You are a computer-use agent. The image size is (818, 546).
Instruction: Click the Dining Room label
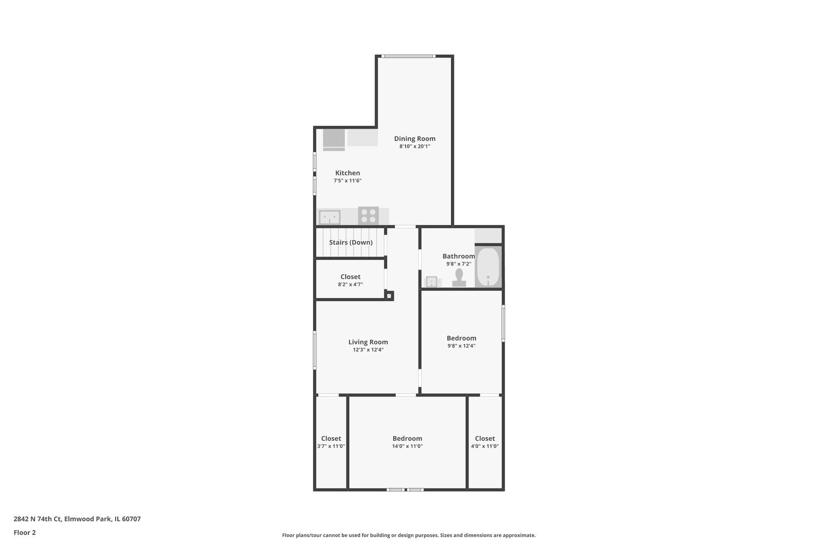point(415,139)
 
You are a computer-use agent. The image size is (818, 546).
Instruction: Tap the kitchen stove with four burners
point(368,215)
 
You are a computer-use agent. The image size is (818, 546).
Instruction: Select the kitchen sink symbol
point(329,217)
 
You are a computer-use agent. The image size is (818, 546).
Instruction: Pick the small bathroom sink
point(432,282)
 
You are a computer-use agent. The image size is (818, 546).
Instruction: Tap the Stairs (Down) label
point(350,243)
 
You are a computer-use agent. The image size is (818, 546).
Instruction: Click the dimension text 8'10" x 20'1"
point(415,146)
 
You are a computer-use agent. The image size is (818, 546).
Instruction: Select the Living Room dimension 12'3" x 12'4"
point(368,350)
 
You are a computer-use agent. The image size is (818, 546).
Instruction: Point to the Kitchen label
point(347,173)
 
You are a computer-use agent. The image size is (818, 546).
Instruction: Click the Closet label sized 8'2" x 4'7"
point(350,277)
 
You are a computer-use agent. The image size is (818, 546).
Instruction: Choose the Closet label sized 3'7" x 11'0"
point(331,438)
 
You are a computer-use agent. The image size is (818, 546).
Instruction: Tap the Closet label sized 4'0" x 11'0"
point(485,438)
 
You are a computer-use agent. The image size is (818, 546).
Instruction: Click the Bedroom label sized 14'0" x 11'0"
point(407,438)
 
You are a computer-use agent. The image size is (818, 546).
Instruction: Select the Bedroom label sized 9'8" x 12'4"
point(461,338)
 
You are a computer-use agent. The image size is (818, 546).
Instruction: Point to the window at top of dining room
point(408,56)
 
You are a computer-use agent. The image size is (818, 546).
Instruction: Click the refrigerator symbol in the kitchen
point(334,140)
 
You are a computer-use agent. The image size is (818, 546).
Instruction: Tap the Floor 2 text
point(24,532)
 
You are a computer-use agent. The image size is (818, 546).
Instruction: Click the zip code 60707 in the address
point(131,519)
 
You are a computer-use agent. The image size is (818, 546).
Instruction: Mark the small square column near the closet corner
point(389,295)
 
